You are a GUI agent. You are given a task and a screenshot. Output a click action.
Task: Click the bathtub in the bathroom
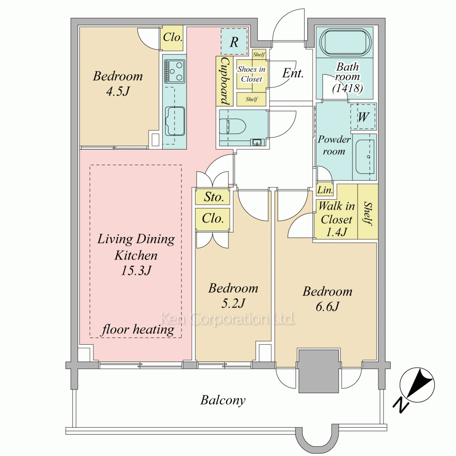coord(345,42)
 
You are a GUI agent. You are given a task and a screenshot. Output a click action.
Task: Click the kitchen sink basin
coord(175,121)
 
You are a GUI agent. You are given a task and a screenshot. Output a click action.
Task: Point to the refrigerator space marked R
coord(234,42)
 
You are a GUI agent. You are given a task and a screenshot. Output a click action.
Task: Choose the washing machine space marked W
coord(363,117)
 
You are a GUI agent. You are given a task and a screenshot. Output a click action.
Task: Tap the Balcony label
coord(223,400)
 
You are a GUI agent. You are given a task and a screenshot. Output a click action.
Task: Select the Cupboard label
coord(225,81)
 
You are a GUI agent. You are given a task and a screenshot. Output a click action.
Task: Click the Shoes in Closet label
coord(252,74)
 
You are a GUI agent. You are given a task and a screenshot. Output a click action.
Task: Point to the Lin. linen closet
coord(325,190)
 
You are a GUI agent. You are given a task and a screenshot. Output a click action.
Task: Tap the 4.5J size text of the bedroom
coord(118,92)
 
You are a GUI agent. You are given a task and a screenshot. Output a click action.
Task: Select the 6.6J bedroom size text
coord(327,306)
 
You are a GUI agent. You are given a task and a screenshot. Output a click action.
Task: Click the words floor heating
coord(138,330)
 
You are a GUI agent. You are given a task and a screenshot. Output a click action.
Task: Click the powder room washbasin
coord(365,157)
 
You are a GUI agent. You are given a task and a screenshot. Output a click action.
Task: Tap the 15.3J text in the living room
coord(136,270)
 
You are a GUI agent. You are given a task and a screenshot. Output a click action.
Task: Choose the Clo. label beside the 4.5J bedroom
coord(172,37)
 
